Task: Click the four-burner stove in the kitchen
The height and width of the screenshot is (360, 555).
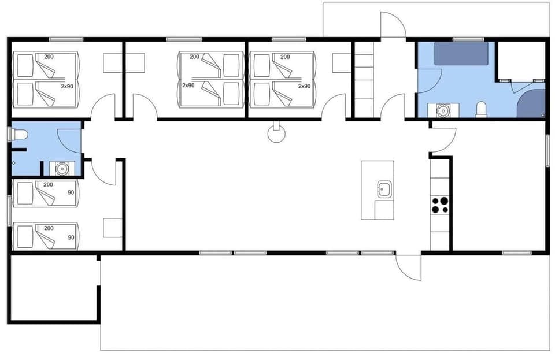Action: [440, 205]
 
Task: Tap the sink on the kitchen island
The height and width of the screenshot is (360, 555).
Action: [384, 189]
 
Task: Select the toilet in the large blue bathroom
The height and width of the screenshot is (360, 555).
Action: [481, 110]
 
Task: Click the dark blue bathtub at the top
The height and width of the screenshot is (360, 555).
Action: [461, 53]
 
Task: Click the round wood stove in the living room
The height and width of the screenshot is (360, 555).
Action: [277, 135]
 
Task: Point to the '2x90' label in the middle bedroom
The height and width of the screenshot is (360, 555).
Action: [188, 86]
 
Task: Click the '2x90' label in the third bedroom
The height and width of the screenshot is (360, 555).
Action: [304, 86]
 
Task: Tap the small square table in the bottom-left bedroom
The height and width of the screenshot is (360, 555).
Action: [112, 228]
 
